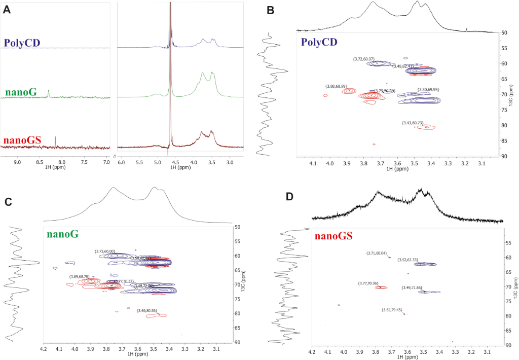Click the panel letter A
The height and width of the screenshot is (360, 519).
point(7,10)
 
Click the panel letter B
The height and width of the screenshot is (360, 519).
point(271,10)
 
